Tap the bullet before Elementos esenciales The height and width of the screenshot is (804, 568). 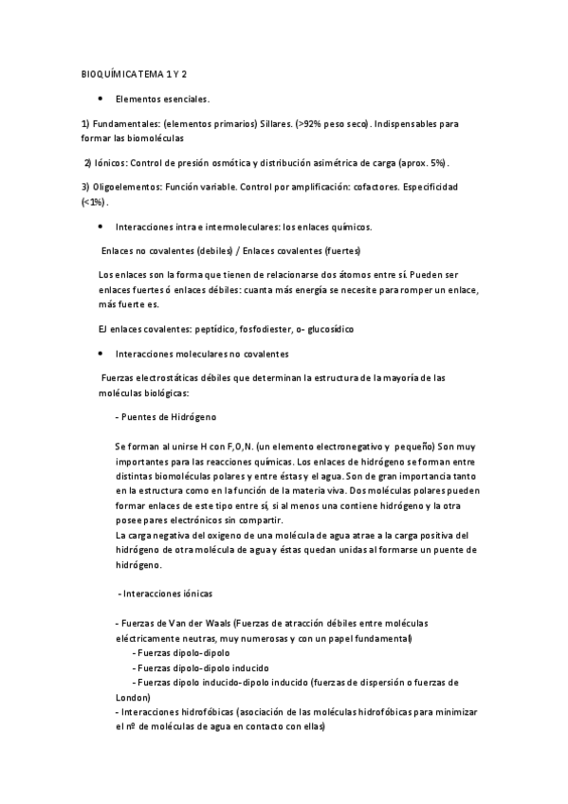[100, 99]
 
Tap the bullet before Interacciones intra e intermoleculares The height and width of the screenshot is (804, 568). [100, 228]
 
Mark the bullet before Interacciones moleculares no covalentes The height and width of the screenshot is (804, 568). [100, 354]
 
